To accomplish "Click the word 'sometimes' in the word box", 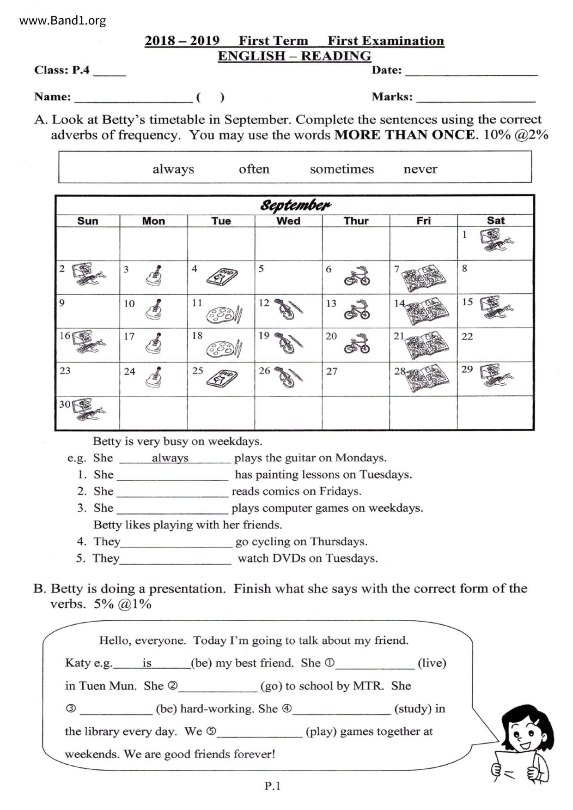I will tap(341, 169).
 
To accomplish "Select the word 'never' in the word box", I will tap(420, 169).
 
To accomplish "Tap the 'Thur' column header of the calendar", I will tap(356, 221).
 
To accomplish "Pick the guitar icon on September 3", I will tap(154, 275).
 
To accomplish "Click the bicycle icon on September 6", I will tap(357, 276).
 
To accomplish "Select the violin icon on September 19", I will tap(288, 343).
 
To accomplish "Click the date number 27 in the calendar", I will tap(331, 371).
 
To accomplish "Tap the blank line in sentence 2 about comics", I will tap(172, 492).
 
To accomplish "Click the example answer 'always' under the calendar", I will tap(170, 458).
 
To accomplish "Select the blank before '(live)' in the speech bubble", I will tap(375, 664).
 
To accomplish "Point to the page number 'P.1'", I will tap(273, 786).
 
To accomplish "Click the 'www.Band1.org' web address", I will tap(62, 21).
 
